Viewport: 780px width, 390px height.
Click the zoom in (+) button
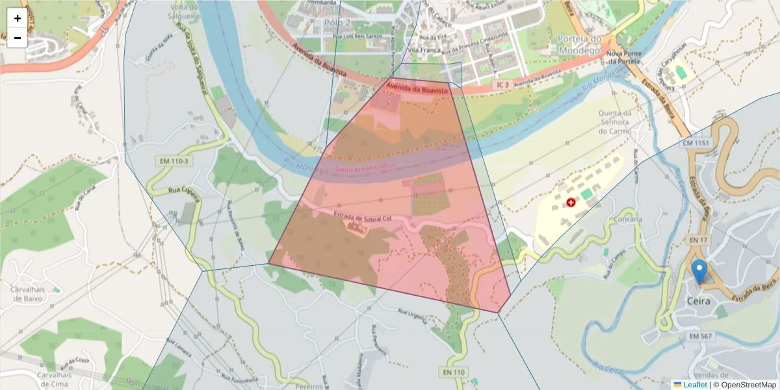(x=17, y=18)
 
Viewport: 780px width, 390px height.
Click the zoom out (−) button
(x=17, y=38)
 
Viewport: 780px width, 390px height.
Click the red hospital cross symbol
(x=571, y=203)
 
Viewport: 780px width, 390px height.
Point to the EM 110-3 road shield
(x=173, y=161)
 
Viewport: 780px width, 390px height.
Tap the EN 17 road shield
(x=697, y=240)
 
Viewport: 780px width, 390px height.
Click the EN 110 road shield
(x=454, y=372)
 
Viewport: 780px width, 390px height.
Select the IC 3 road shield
(x=502, y=85)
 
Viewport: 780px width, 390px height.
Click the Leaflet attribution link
(x=694, y=385)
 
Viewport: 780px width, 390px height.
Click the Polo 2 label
(x=337, y=22)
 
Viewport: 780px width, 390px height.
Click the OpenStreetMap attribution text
(x=748, y=385)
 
